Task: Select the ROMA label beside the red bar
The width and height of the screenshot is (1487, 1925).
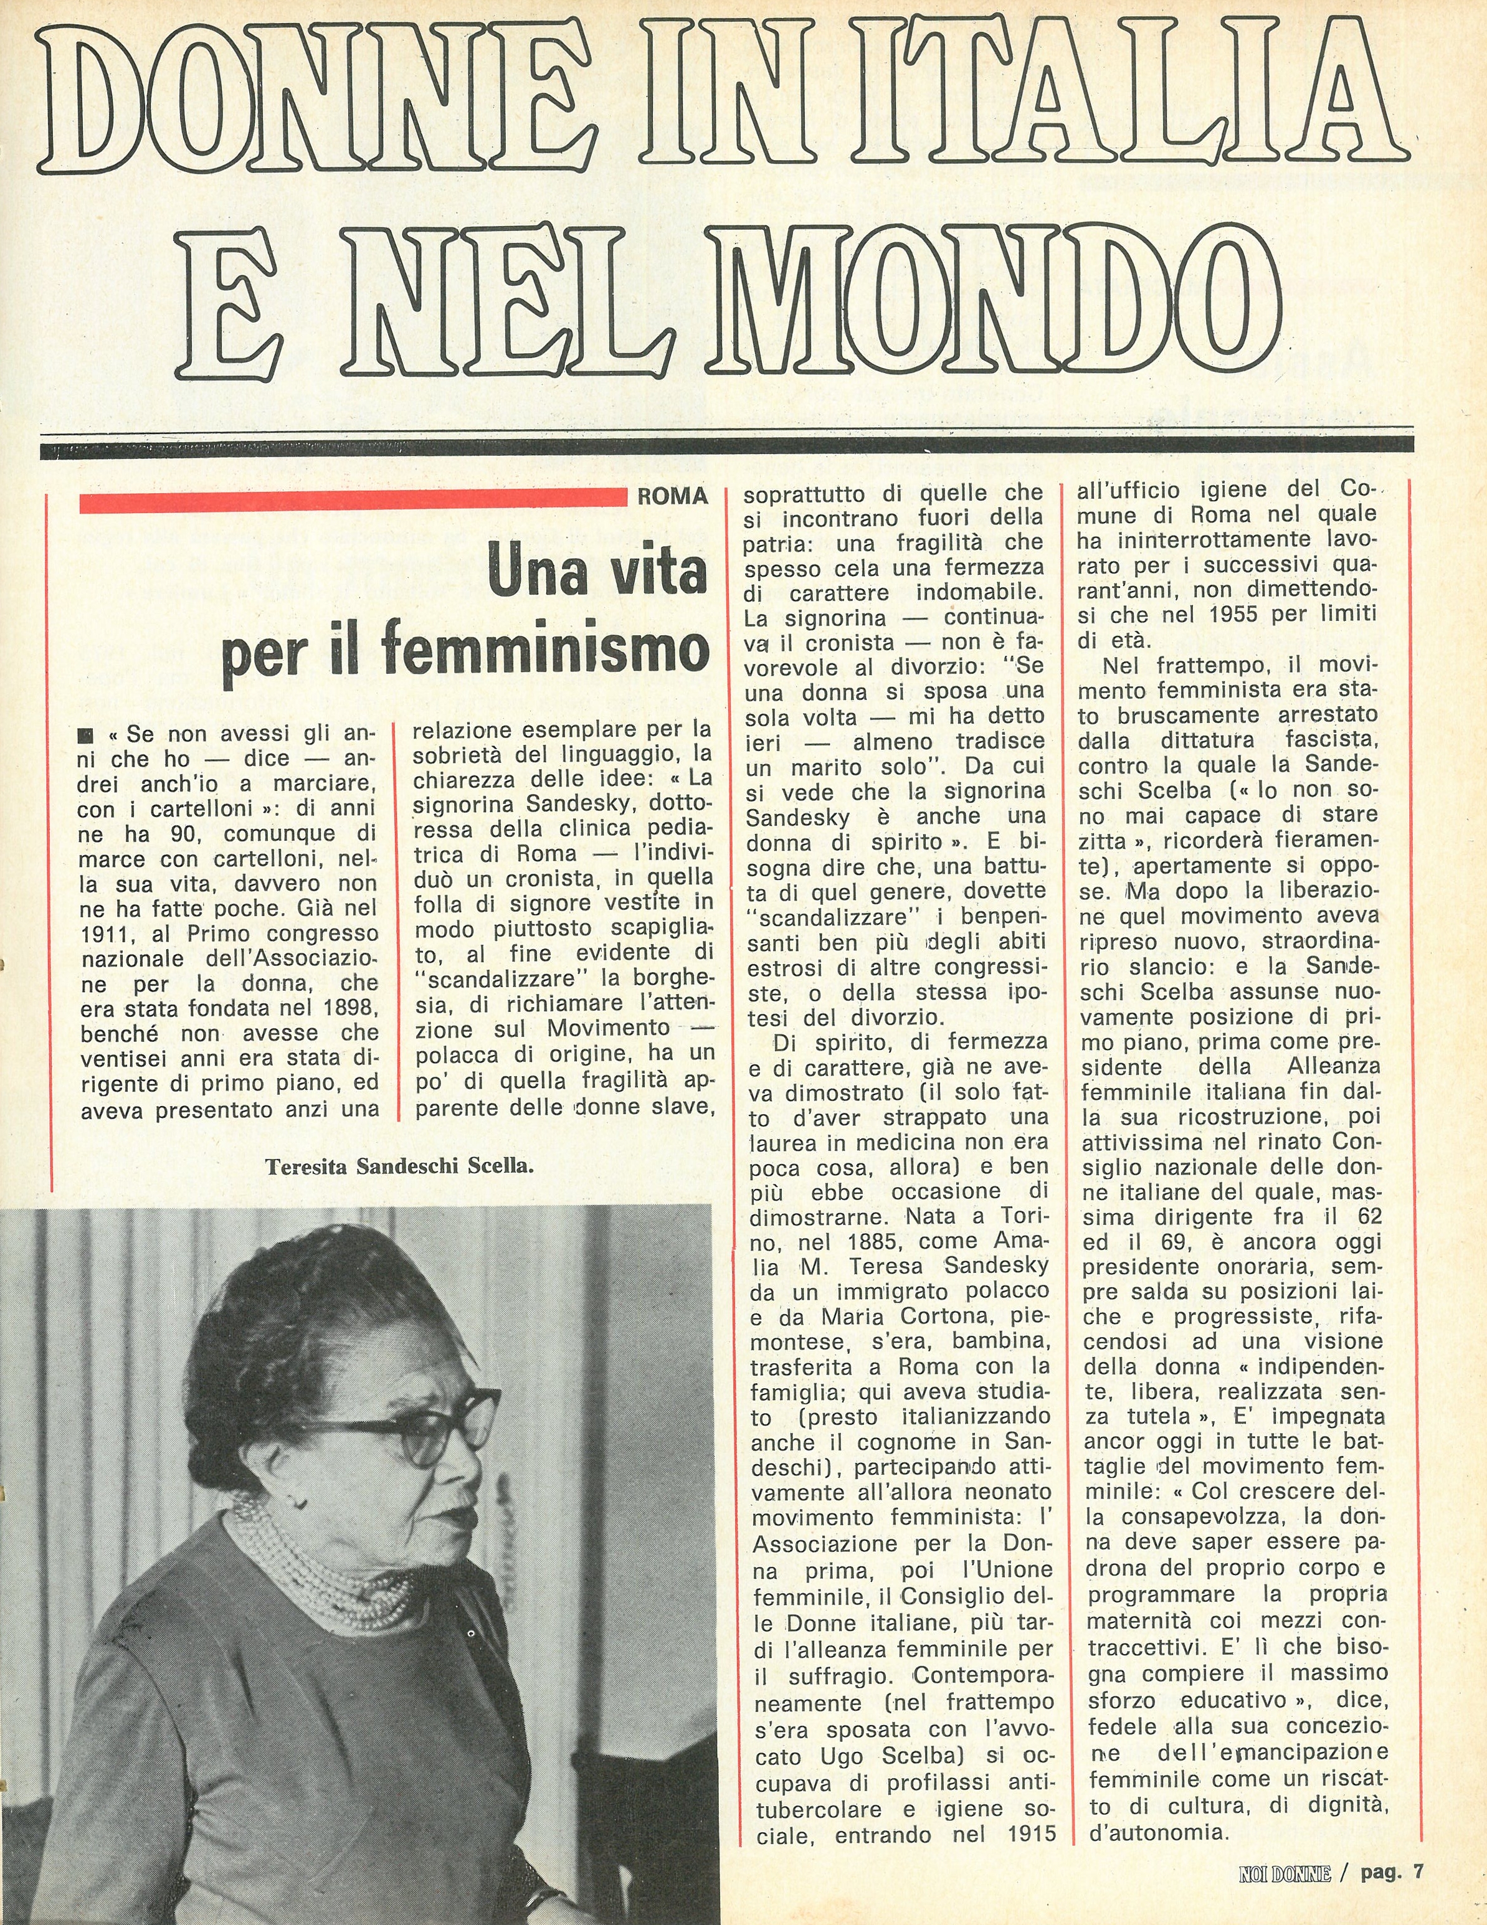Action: point(673,496)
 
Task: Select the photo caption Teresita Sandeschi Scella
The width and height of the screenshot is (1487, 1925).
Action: point(401,1167)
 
